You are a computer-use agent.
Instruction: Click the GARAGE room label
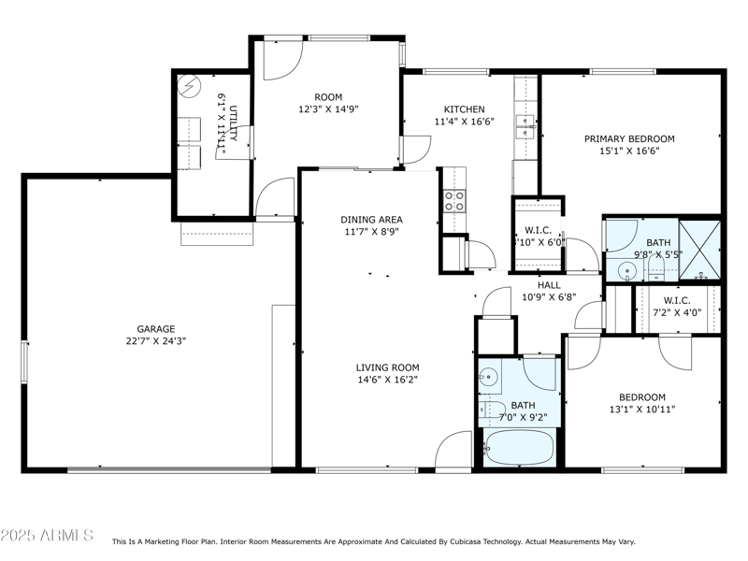point(156,329)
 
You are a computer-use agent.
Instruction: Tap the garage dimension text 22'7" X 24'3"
point(156,341)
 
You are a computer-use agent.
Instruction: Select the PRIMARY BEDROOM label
point(629,138)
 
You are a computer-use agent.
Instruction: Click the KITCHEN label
point(463,108)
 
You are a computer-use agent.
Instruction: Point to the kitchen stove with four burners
point(454,200)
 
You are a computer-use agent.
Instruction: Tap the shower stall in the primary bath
point(700,250)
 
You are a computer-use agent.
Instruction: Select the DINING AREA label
point(371,220)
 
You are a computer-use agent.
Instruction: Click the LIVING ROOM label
point(387,367)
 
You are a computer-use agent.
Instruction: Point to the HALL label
point(549,285)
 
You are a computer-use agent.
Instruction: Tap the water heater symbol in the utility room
point(191,86)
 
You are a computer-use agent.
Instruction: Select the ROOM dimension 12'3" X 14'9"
point(328,108)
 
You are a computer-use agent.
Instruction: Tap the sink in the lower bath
point(487,379)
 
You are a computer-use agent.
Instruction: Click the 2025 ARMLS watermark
point(47,536)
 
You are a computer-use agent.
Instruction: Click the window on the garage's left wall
point(25,359)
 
